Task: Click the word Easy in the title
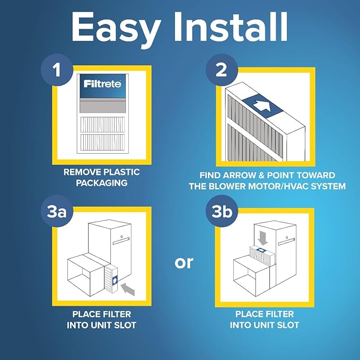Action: pyautogui.click(x=114, y=28)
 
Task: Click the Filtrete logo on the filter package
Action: pyautogui.click(x=102, y=83)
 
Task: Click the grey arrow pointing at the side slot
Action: pyautogui.click(x=127, y=289)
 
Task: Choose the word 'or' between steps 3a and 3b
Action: pyautogui.click(x=183, y=261)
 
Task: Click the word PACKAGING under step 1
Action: pyautogui.click(x=102, y=182)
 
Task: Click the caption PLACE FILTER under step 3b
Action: pyautogui.click(x=265, y=314)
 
